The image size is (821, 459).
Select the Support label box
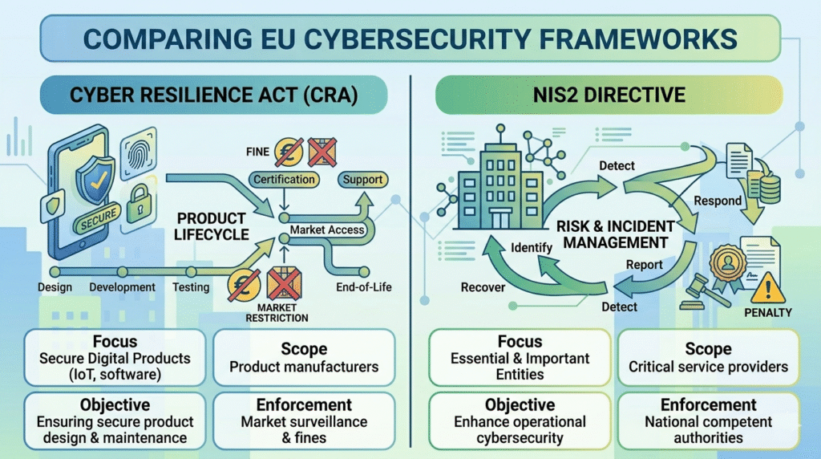coord(362,180)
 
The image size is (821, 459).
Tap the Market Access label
coord(327,230)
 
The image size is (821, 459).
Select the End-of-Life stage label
coord(364,286)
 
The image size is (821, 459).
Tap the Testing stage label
coord(191,286)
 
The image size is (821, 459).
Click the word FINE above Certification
coord(257,150)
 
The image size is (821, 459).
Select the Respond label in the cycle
coord(717,201)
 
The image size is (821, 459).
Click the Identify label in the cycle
coord(531,248)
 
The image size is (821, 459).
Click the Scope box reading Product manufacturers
coord(304,358)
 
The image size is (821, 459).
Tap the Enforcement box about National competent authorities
coord(708,420)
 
